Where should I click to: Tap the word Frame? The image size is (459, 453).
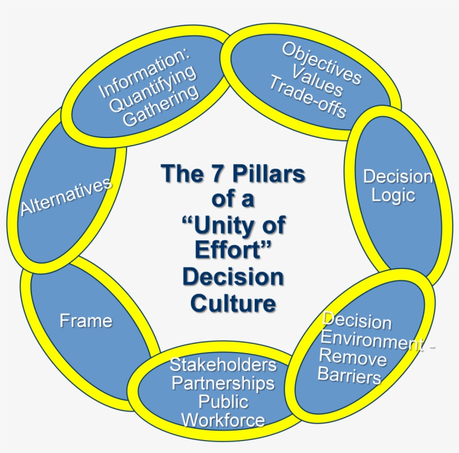pyautogui.click(x=86, y=321)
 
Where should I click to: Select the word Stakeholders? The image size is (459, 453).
pyautogui.click(x=223, y=365)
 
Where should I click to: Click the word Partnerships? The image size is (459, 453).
pyautogui.click(x=223, y=383)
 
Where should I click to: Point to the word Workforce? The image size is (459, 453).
pyautogui.click(x=223, y=420)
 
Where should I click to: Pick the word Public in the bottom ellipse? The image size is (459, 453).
pyautogui.click(x=223, y=402)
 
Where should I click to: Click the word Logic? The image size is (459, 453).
pyautogui.click(x=394, y=196)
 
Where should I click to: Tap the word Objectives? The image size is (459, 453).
pyautogui.click(x=321, y=63)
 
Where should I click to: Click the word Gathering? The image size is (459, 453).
pyautogui.click(x=161, y=107)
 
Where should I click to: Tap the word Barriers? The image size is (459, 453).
pyautogui.click(x=349, y=375)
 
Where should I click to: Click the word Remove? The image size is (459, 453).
pyautogui.click(x=353, y=357)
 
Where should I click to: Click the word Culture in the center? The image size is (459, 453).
pyautogui.click(x=233, y=303)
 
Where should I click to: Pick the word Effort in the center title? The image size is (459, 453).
pyautogui.click(x=227, y=251)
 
